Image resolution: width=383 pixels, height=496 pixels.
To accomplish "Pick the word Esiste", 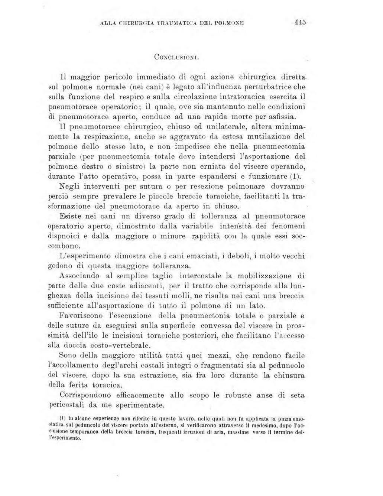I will pos(71,216).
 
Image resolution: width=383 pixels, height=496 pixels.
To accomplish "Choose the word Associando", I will pos(79,276).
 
